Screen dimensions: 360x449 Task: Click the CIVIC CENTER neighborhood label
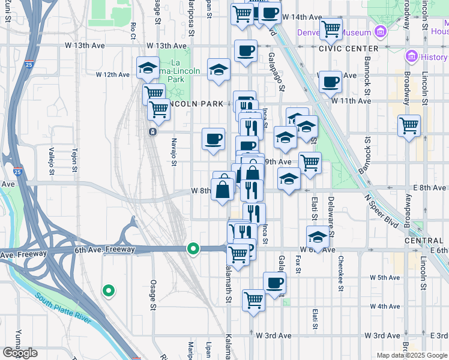pyautogui.click(x=349, y=49)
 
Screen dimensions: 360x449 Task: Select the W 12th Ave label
pyautogui.click(x=113, y=75)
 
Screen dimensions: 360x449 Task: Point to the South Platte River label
pyautogui.click(x=62, y=308)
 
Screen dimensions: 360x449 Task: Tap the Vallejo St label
pyautogui.click(x=52, y=161)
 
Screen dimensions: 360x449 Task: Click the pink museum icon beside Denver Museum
pyautogui.click(x=379, y=31)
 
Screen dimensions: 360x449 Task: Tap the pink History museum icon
pyautogui.click(x=412, y=57)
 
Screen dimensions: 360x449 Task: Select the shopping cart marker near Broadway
pyautogui.click(x=409, y=126)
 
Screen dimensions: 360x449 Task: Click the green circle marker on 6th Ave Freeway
pyautogui.click(x=193, y=247)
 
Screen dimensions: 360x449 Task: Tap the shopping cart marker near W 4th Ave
pyautogui.click(x=253, y=299)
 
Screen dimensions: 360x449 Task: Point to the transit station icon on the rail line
pyautogui.click(x=153, y=131)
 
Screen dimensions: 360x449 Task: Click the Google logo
pyautogui.click(x=20, y=353)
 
